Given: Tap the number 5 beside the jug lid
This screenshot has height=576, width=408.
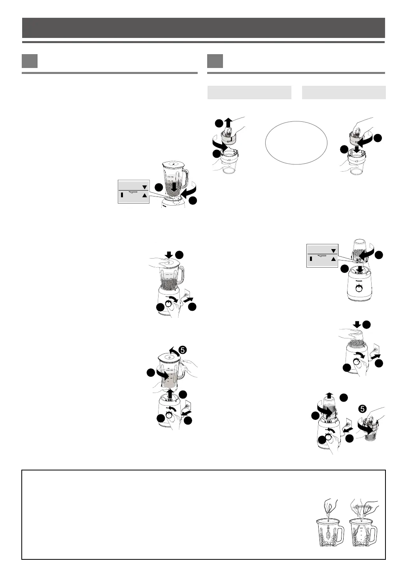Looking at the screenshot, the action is coord(182,349).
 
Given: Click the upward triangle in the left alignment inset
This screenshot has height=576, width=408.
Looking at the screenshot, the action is coord(144,195).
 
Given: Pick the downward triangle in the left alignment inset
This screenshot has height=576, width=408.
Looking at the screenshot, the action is coord(144,187).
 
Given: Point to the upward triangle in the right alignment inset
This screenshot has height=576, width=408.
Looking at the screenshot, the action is coord(333,259).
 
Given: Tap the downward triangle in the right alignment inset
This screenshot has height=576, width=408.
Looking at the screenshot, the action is coord(333,251).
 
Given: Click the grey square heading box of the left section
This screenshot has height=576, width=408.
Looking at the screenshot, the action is coord(30,61).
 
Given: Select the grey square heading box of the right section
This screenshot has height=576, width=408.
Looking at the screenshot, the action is coord(215,61).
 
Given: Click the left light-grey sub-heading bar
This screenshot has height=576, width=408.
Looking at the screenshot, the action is coord(249,92).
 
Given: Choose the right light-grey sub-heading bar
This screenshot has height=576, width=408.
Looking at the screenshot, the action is coord(344,92).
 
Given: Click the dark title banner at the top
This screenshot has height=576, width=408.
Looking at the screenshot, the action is coord(204,28).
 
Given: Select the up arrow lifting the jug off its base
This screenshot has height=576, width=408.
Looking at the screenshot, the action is coord(170,394).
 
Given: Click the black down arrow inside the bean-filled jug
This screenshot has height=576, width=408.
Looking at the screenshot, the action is coord(173,187).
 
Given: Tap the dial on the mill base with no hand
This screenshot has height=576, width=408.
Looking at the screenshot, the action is coord(359,289).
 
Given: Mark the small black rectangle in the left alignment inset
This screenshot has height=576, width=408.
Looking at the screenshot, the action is coord(122,195).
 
